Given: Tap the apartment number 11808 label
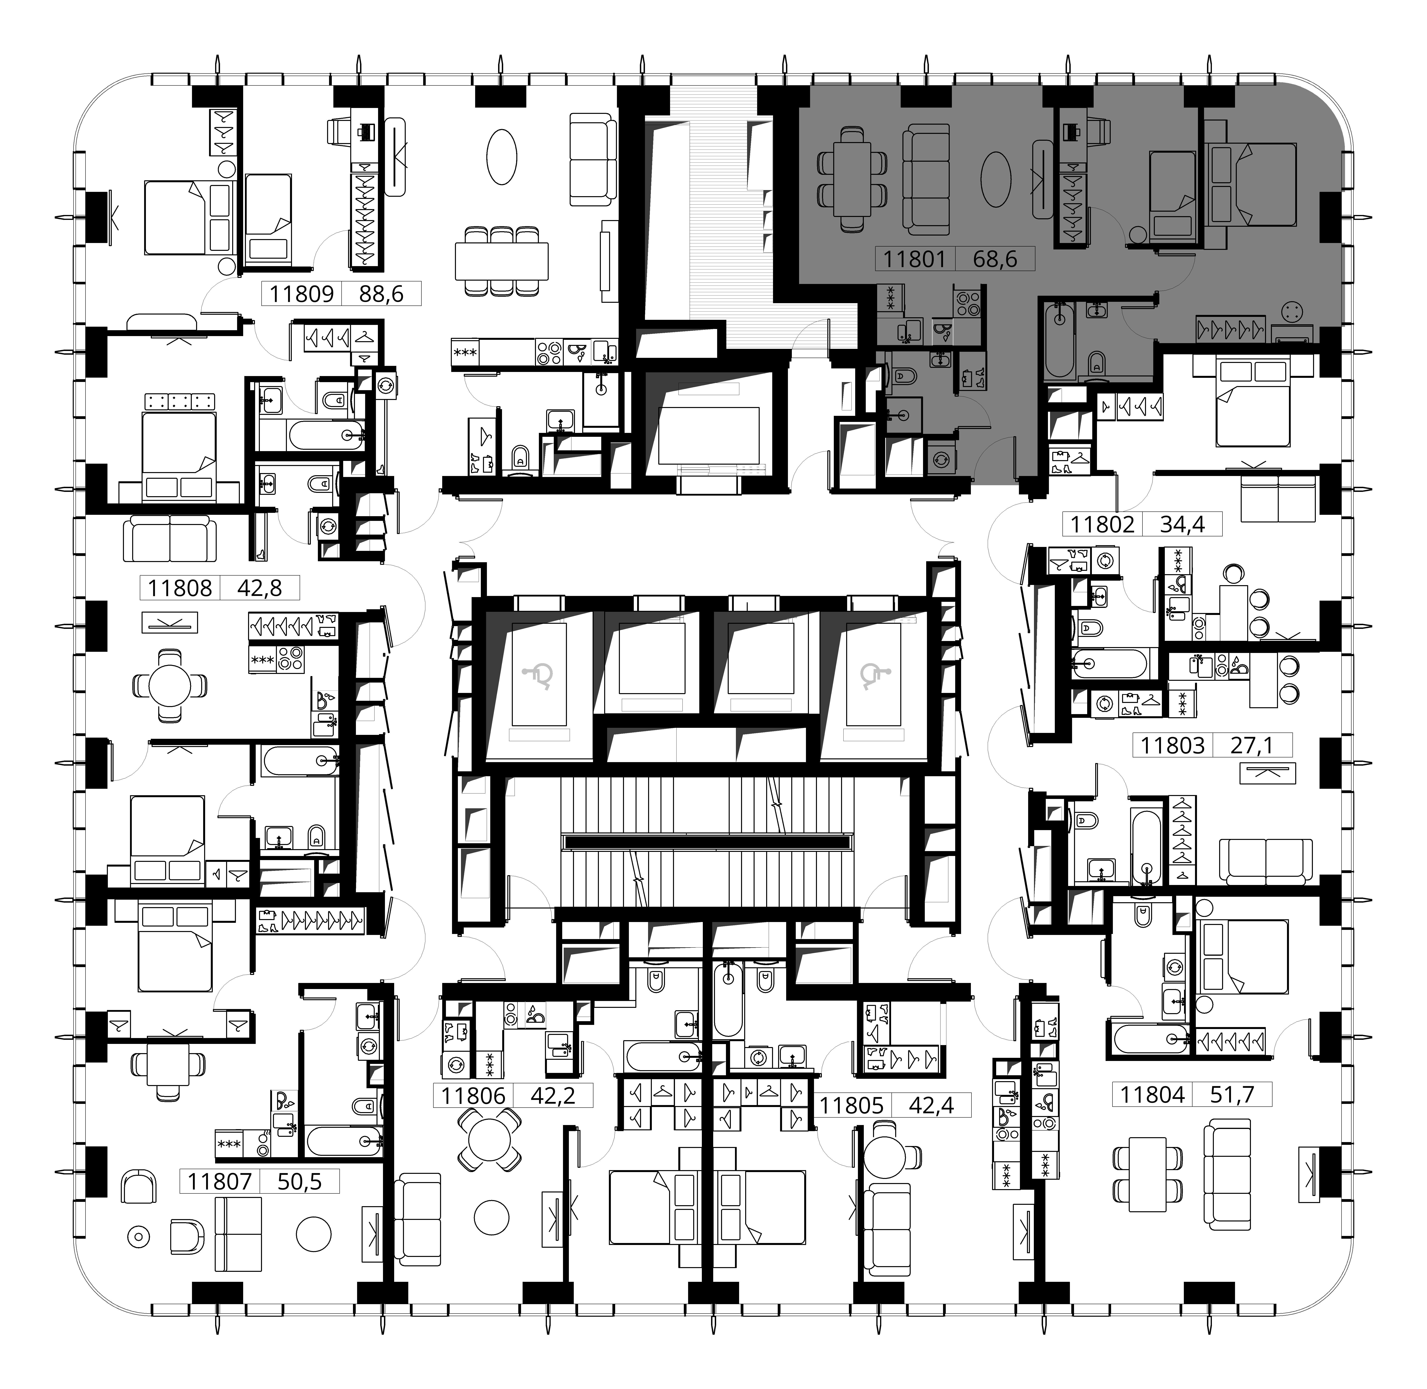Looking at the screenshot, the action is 180,588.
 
